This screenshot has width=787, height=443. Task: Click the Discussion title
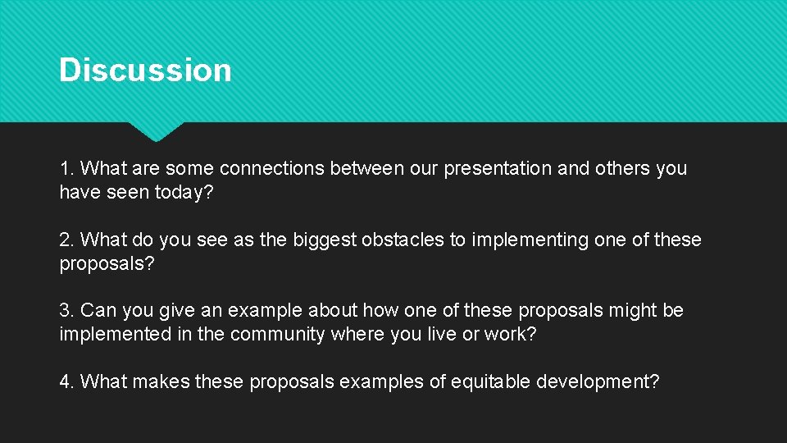click(145, 70)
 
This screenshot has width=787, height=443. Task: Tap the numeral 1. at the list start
click(66, 169)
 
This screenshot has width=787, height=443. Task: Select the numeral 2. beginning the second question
click(66, 240)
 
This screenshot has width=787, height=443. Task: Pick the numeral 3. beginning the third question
click(66, 311)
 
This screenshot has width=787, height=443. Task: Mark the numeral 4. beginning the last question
click(66, 382)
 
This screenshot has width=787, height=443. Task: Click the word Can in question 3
click(99, 311)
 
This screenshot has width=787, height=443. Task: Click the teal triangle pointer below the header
click(156, 130)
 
